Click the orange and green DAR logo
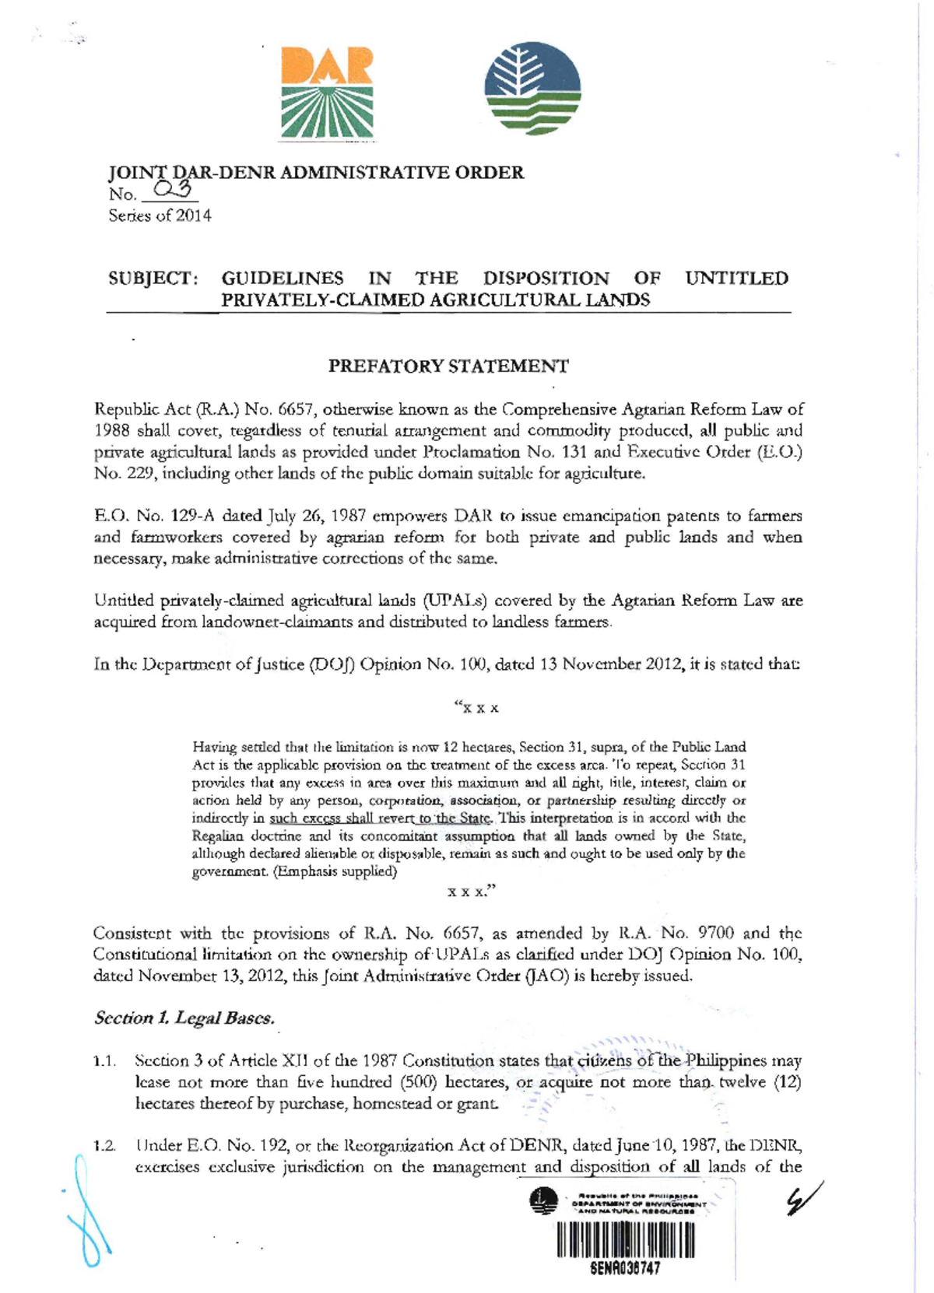tap(326, 93)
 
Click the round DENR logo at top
tap(532, 88)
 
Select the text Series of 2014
tap(160, 215)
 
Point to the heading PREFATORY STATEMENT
tap(448, 366)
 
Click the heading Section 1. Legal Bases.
tap(184, 1018)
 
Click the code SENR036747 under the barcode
tap(625, 1268)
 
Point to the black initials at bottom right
tap(804, 1199)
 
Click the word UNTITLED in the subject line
tap(736, 279)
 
